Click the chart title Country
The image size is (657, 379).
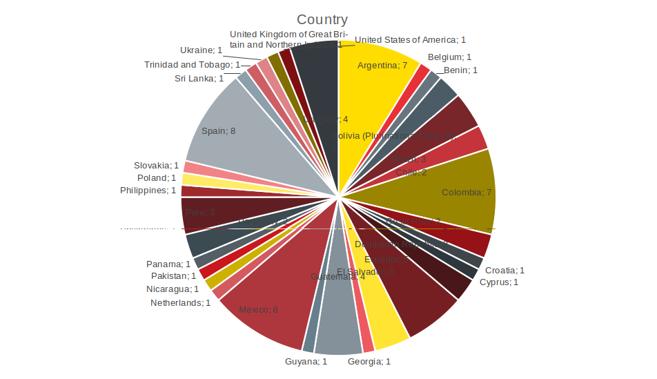coord(322,20)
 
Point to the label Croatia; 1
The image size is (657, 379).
coord(504,271)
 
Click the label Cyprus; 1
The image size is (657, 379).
coord(498,282)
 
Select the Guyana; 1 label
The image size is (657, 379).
coord(306,361)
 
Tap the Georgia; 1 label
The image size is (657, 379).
coord(369,361)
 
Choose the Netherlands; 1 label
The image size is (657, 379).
coord(180,302)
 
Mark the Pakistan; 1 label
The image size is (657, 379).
coord(174,276)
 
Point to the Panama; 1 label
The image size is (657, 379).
coord(168,264)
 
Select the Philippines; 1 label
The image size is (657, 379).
coord(148,191)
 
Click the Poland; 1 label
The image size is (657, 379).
coord(157,178)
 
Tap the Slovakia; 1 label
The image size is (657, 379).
coord(156,166)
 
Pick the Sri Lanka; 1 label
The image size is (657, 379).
coord(199,79)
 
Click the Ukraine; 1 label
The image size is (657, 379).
coord(201,50)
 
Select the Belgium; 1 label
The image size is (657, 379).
coord(449,57)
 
